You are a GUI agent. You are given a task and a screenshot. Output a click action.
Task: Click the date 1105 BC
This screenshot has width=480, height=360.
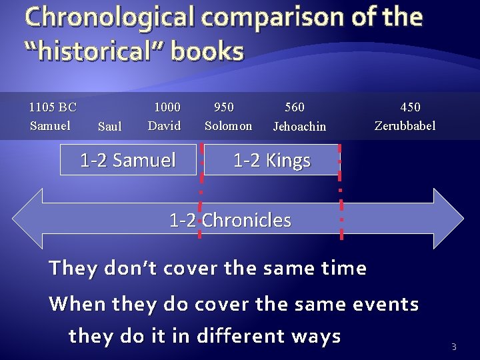[53, 107]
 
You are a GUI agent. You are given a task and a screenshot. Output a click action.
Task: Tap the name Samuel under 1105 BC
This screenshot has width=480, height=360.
[50, 125]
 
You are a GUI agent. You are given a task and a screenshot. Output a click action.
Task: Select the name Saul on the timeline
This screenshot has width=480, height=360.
[109, 126]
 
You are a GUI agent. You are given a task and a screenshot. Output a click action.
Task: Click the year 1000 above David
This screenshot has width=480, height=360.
[167, 107]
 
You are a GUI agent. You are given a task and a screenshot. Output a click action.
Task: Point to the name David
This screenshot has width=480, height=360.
[164, 125]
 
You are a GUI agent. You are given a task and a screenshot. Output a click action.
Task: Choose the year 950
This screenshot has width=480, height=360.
[223, 107]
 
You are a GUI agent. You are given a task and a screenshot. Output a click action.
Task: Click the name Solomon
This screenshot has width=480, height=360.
[228, 125]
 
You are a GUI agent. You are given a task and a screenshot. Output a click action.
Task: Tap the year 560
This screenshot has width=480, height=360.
[294, 107]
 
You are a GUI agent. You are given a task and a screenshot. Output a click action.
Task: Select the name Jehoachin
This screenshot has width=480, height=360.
[299, 126]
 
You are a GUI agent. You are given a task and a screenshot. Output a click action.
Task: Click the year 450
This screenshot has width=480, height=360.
[410, 107]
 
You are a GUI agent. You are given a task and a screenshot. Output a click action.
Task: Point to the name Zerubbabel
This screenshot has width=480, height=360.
[405, 125]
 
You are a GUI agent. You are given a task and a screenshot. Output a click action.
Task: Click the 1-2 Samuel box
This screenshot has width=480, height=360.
[128, 160]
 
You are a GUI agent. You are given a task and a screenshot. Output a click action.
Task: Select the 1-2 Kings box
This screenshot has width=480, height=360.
[271, 161]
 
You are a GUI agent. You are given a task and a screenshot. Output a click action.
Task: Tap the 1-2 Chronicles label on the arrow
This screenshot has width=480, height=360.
[231, 220]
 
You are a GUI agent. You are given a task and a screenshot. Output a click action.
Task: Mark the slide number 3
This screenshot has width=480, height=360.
[454, 346]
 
